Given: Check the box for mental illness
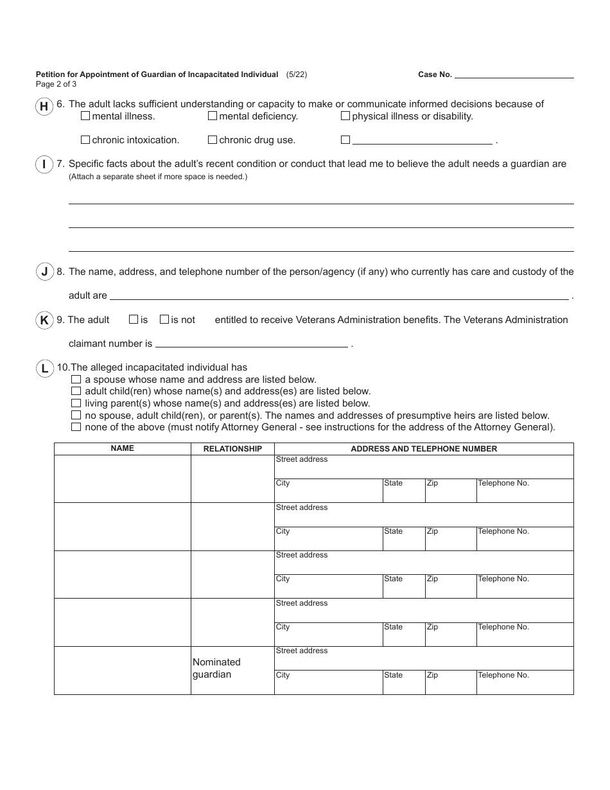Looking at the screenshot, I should tap(85, 116).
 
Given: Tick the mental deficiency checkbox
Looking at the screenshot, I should tap(213, 116).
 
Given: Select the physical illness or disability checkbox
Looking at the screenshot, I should tap(345, 116).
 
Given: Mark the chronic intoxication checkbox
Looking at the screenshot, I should tap(85, 139).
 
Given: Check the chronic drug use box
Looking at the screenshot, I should tap(213, 139).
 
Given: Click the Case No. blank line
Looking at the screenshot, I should tap(514, 75).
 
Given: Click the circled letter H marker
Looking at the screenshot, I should tap(44, 107).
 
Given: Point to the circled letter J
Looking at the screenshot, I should tap(44, 272).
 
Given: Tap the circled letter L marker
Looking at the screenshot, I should tap(44, 368).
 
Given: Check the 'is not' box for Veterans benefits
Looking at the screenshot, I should tap(164, 319).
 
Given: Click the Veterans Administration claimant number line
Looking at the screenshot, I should tap(251, 344).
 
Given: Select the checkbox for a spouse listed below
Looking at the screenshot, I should tap(76, 380).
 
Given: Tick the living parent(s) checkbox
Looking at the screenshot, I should tap(76, 403).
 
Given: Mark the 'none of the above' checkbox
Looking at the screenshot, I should tap(76, 427).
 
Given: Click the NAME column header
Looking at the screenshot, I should tap(122, 448).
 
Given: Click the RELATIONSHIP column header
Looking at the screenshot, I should tap(232, 449).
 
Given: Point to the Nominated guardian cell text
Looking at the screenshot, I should tap(216, 668).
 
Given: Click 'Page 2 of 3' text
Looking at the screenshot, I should tap(56, 84).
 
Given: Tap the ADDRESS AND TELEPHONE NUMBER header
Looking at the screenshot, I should tap(424, 449).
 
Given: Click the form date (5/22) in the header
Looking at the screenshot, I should tap(297, 75).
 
